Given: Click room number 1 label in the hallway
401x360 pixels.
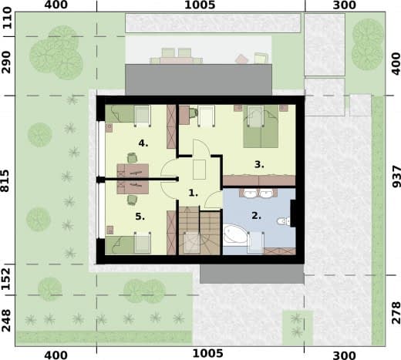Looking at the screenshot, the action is [193, 193].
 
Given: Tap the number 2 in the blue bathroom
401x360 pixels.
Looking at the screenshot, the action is [256, 216].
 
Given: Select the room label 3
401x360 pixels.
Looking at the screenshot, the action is [259, 164].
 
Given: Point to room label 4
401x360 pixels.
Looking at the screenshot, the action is [143, 143].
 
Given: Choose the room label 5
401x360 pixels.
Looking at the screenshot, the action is [140, 217].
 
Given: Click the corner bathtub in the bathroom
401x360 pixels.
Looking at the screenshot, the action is [234, 235].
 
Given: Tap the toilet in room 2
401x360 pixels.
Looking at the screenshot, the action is [284, 221].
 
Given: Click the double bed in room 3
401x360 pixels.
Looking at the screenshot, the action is [261, 126].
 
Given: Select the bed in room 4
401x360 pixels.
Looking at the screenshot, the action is [128, 113].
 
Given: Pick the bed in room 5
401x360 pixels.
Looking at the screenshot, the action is [128, 245].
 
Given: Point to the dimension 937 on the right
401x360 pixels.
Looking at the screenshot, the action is [396, 177].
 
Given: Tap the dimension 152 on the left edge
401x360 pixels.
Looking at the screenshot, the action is [5, 279].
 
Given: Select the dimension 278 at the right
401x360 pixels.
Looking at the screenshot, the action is [396, 313].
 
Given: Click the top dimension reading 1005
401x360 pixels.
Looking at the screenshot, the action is [200, 5].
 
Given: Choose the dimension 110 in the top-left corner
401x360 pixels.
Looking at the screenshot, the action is [6, 18].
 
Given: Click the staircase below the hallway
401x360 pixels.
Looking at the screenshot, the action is [200, 230].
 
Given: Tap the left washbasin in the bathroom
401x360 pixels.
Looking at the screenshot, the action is [249, 193].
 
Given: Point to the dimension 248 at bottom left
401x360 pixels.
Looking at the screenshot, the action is [5, 320].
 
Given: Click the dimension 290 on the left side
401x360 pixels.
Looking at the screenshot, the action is [5, 62].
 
